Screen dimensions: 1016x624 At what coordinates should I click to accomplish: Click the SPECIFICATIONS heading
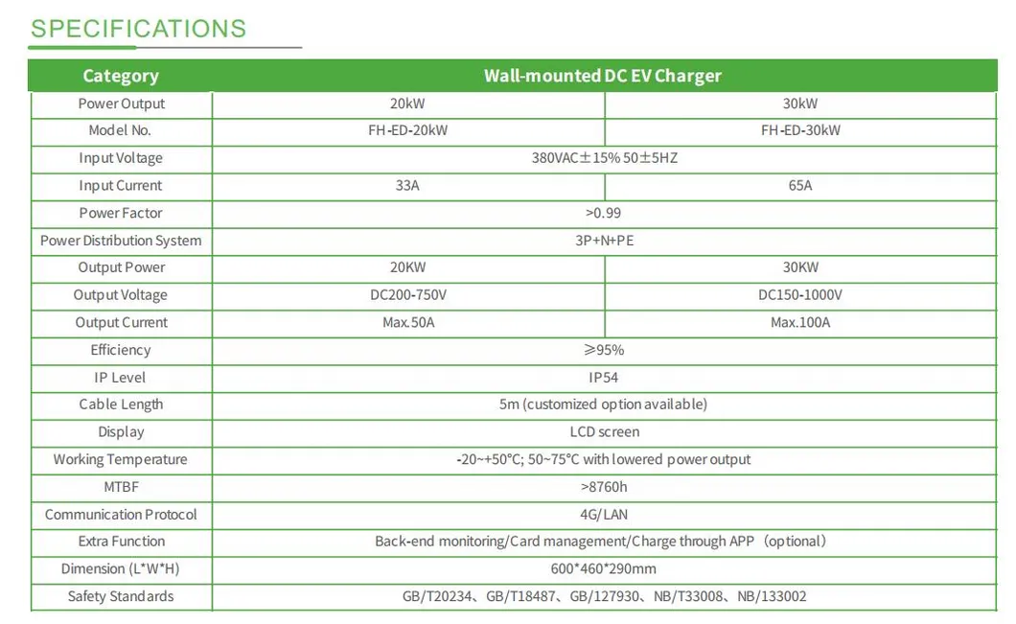[x=138, y=29]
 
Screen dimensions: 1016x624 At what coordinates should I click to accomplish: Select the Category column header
[x=121, y=76]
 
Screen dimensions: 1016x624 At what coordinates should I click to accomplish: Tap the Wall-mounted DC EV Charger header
[x=603, y=76]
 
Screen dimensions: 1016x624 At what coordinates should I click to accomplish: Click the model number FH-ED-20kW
[x=408, y=130]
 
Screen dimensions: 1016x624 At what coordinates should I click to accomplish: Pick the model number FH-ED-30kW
[x=800, y=130]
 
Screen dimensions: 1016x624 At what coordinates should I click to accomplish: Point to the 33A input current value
[x=408, y=186]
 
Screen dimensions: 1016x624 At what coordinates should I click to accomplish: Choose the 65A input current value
[x=800, y=186]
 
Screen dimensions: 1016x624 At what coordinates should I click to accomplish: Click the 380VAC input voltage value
[x=604, y=158]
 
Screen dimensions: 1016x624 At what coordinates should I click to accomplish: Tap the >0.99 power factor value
[x=604, y=213]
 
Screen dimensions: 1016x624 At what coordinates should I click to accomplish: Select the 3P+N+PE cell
[x=604, y=241]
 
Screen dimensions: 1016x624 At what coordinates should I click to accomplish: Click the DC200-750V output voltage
[x=408, y=295]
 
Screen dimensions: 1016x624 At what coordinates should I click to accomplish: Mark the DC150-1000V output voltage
[x=800, y=295]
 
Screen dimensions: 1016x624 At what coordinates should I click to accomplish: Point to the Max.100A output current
[x=800, y=323]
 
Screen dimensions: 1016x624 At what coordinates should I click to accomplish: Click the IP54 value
[x=604, y=378]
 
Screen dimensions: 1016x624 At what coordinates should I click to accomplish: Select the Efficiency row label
[x=121, y=350]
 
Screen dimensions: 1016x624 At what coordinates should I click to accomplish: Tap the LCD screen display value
[x=604, y=432]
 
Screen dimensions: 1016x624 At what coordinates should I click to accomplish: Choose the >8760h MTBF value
[x=604, y=487]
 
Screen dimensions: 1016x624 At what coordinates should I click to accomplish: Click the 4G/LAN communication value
[x=604, y=515]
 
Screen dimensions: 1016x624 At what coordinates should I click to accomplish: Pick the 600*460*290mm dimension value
[x=604, y=569]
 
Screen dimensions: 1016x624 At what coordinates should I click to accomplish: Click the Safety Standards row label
[x=121, y=596]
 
